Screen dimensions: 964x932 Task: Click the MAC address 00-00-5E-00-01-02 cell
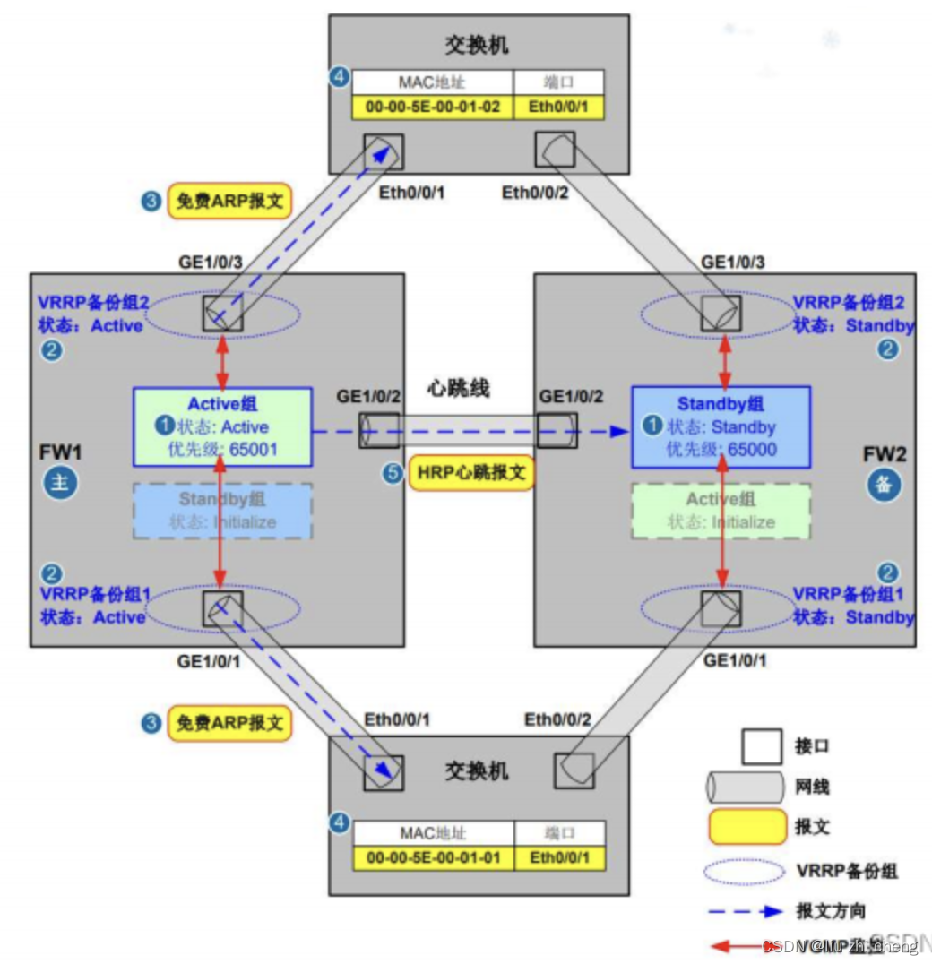tap(434, 108)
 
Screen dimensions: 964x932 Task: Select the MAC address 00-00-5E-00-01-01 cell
tap(434, 857)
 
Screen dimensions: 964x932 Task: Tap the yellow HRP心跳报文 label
tap(471, 472)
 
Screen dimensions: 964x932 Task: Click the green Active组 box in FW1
tap(222, 426)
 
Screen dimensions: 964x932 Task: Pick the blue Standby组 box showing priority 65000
tap(721, 426)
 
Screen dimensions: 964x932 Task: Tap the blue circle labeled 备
tap(884, 484)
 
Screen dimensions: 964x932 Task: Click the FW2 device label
tap(885, 453)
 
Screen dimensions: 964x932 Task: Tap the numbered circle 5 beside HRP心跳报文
tap(392, 473)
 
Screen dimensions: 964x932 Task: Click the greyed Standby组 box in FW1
tap(222, 511)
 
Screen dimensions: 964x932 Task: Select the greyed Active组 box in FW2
tap(721, 511)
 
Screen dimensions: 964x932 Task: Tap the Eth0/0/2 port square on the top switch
tap(555, 150)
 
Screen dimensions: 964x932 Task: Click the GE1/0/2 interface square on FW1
tap(378, 431)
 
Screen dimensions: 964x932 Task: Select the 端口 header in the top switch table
tap(558, 82)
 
